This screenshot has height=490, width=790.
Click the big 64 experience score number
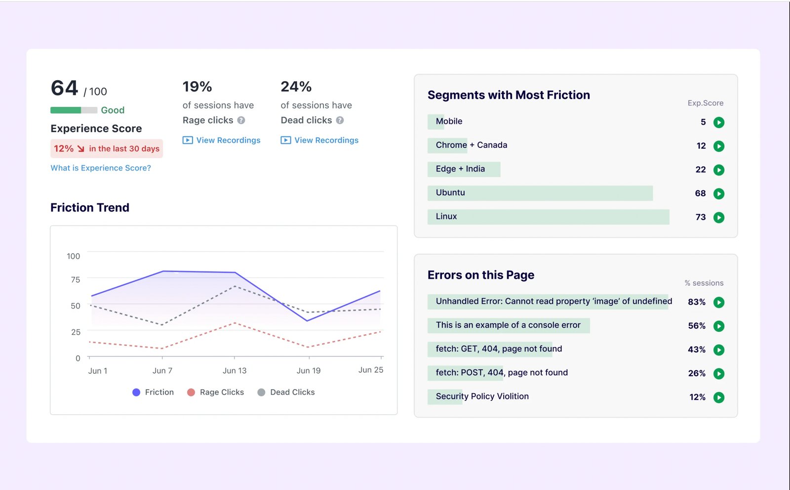click(x=65, y=89)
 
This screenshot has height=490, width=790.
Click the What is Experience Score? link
click(x=101, y=168)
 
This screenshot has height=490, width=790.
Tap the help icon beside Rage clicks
click(x=241, y=120)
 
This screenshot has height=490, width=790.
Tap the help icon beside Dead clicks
click(x=340, y=120)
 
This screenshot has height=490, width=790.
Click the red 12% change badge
click(x=106, y=149)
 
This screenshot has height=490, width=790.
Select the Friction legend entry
click(x=154, y=392)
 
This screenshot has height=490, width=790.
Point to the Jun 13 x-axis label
click(x=235, y=371)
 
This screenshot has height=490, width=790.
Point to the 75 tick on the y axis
click(x=76, y=280)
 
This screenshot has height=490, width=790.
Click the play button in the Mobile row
click(x=719, y=122)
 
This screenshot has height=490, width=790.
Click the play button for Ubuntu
click(x=719, y=193)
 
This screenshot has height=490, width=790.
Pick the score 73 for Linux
click(x=700, y=217)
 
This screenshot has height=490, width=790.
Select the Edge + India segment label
click(x=460, y=169)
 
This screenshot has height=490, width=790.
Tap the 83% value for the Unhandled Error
click(x=696, y=302)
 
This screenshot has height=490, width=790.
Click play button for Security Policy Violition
click(x=719, y=397)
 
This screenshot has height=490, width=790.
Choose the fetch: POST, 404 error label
click(x=501, y=373)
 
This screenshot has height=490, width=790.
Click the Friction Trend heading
click(x=90, y=208)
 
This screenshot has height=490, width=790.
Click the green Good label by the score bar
click(x=113, y=110)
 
